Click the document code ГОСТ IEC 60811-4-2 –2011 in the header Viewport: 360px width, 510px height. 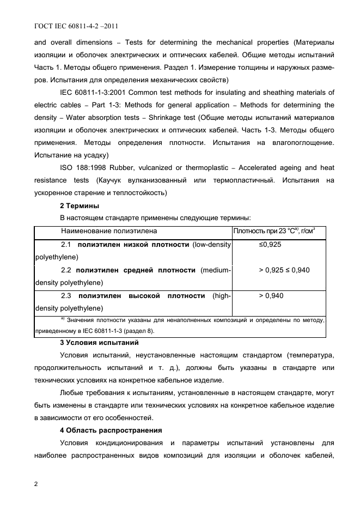coord(77,26)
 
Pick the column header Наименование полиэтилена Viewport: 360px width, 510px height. coord(108,232)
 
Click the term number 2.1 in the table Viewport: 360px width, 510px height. coord(67,245)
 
